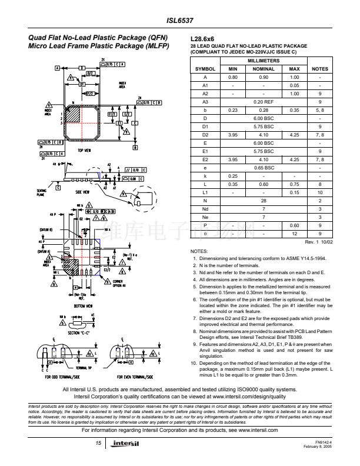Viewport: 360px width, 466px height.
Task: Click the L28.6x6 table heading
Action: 204,38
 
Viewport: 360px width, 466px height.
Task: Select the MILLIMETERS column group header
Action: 264,61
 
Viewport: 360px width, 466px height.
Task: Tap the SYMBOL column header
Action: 205,69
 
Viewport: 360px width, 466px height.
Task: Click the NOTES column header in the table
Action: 319,69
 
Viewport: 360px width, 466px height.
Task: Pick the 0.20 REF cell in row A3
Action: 264,101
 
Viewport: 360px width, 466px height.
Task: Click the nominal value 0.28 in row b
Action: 264,109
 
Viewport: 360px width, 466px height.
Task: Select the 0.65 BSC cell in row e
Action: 264,167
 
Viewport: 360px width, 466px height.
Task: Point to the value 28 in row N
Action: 264,200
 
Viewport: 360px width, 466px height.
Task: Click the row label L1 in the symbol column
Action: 205,192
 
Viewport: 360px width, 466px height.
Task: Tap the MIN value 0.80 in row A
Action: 232,77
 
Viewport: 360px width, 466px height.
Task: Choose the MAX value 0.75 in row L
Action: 295,184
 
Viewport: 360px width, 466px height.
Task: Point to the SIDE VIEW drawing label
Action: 83,192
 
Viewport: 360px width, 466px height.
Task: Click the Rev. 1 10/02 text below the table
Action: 318,242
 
